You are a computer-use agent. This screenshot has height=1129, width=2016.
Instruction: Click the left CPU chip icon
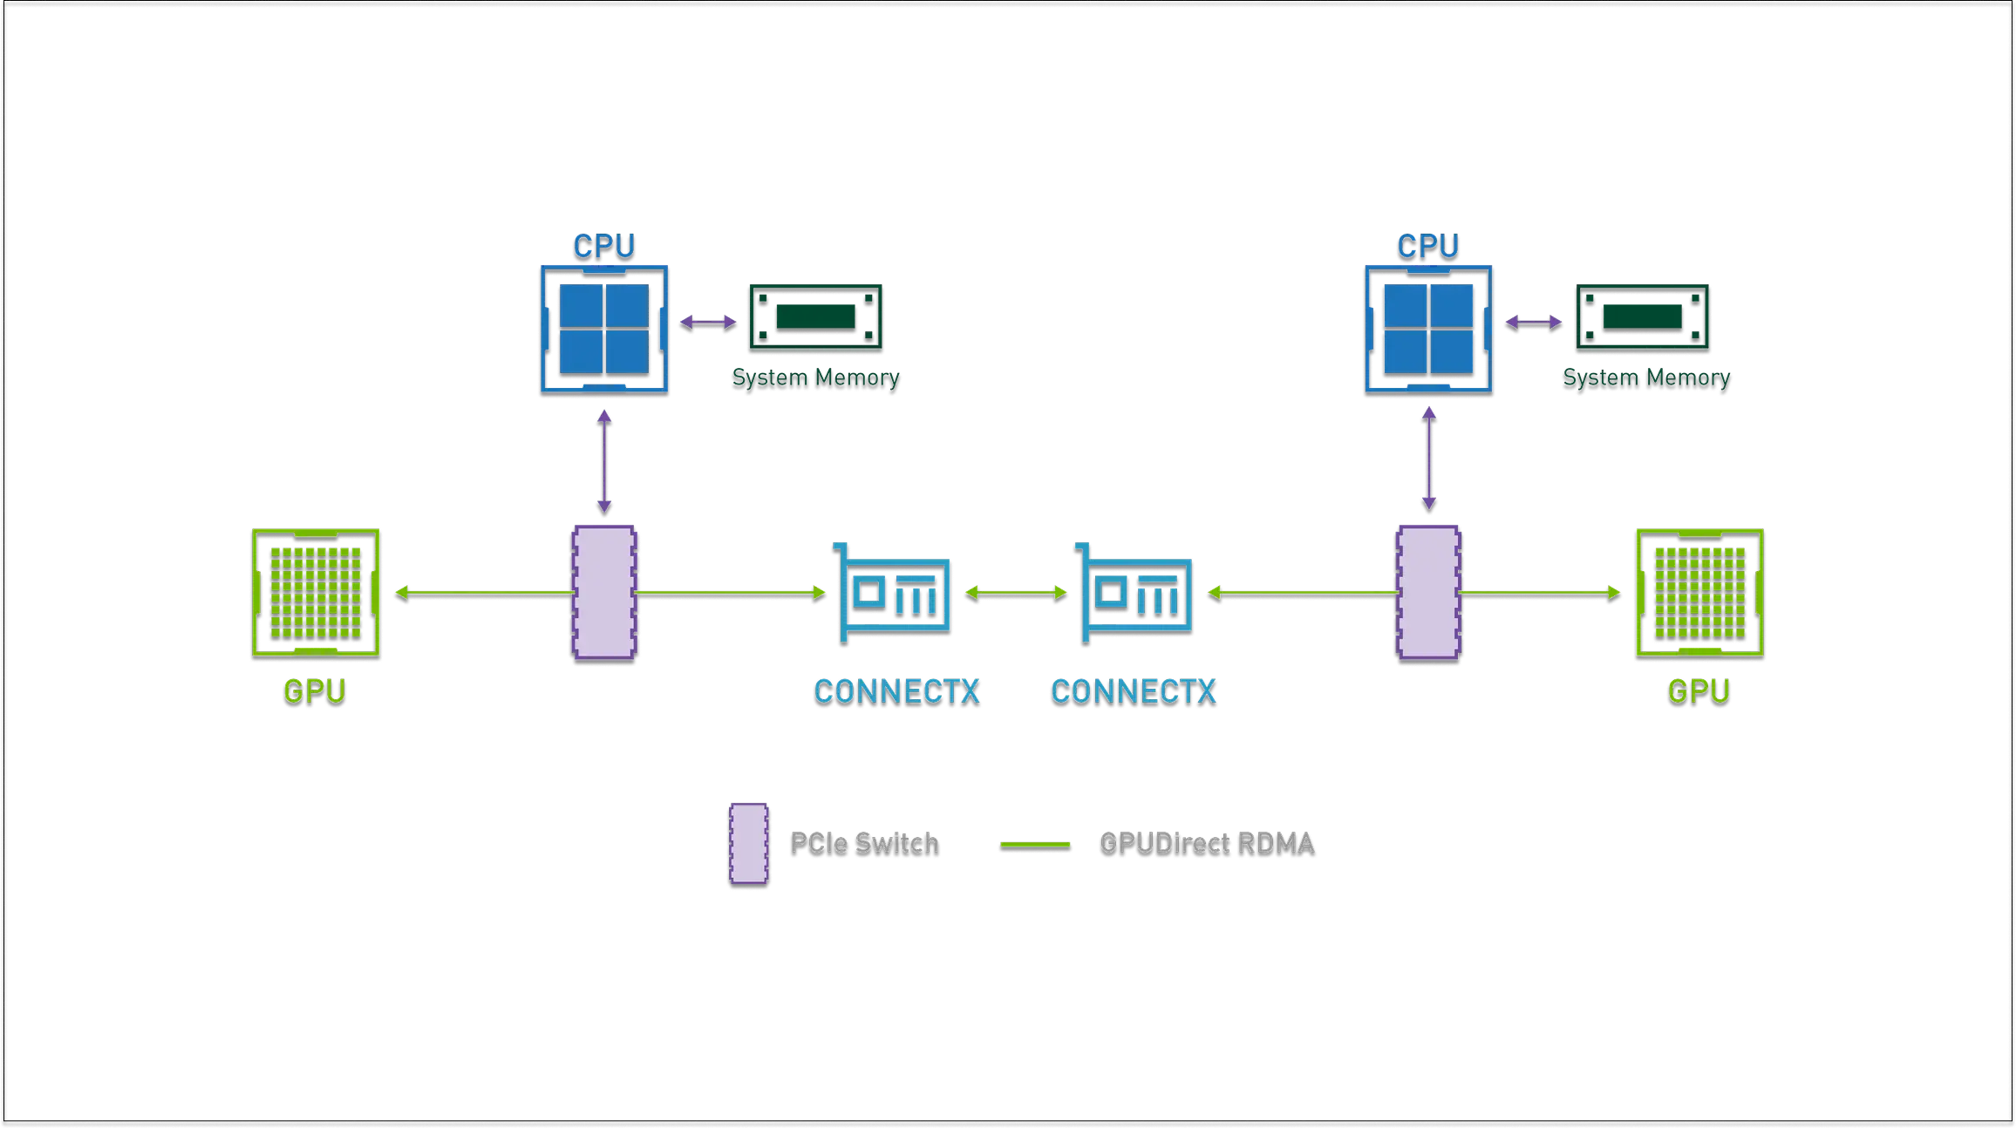point(603,330)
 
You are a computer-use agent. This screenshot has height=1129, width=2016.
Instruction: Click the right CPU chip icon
point(1428,330)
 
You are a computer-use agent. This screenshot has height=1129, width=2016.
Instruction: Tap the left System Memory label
point(815,379)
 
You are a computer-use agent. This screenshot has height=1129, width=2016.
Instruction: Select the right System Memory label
point(1646,379)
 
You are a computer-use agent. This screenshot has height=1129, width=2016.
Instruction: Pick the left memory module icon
point(815,318)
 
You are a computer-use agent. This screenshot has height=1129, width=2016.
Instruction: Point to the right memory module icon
point(1643,318)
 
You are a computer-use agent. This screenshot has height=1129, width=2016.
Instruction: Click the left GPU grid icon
point(315,594)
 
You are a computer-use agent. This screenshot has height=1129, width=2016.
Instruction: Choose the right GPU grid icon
point(1699,594)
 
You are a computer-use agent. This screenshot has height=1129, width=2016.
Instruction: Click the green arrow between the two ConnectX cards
point(1015,594)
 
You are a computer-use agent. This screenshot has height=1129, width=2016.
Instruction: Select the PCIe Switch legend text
point(864,843)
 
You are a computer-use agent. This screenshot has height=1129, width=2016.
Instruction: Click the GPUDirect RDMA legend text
point(1208,843)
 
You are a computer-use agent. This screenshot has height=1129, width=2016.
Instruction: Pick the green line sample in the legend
point(1035,846)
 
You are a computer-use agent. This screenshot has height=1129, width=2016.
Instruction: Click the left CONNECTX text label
point(897,692)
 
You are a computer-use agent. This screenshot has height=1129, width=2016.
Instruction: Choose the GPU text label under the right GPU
point(1698,692)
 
